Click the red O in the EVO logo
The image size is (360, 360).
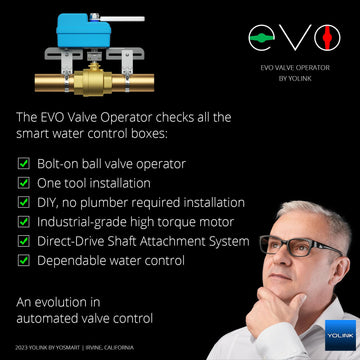tap(322, 39)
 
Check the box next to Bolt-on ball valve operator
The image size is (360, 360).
tap(24, 162)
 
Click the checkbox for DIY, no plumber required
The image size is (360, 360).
tap(24, 202)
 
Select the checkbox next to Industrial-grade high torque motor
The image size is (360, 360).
tap(24, 221)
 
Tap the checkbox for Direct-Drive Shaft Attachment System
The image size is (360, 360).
tap(24, 241)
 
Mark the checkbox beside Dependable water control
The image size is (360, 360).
tap(24, 260)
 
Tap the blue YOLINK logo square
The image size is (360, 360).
tap(340, 332)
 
